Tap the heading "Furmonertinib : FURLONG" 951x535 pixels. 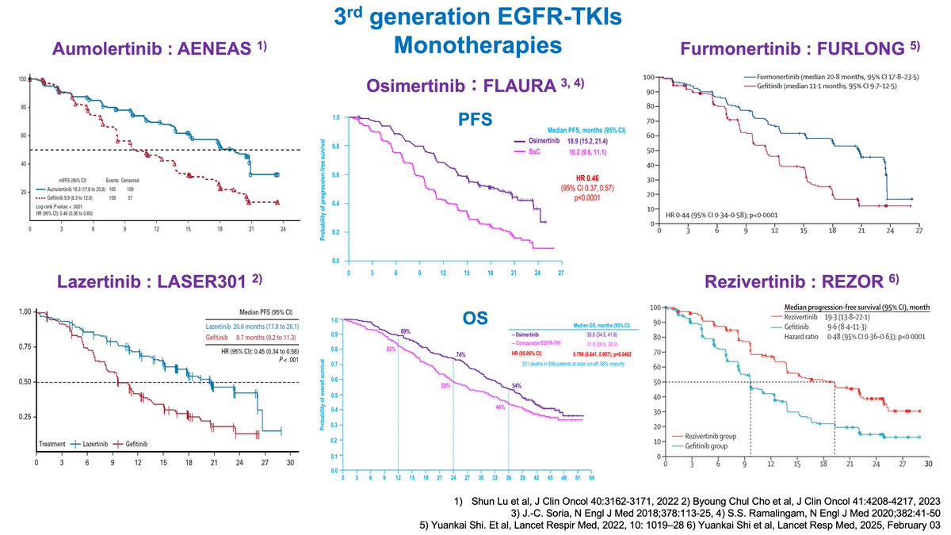click(x=800, y=48)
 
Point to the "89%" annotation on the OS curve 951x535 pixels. click(x=405, y=331)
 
